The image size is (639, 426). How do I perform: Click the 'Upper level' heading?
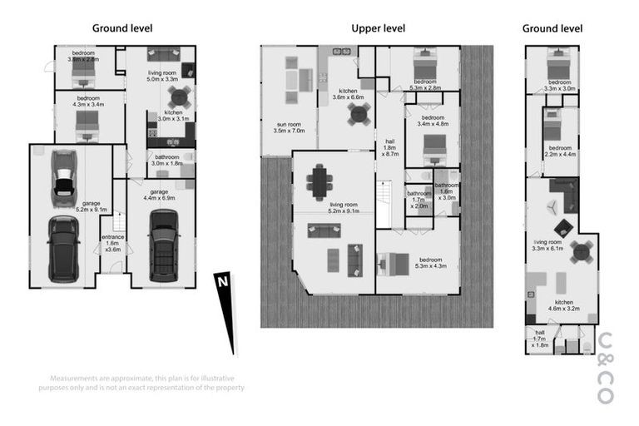[378, 28]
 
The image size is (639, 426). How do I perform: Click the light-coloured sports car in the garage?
[63, 178]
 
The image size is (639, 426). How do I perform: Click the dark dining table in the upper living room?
[319, 182]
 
